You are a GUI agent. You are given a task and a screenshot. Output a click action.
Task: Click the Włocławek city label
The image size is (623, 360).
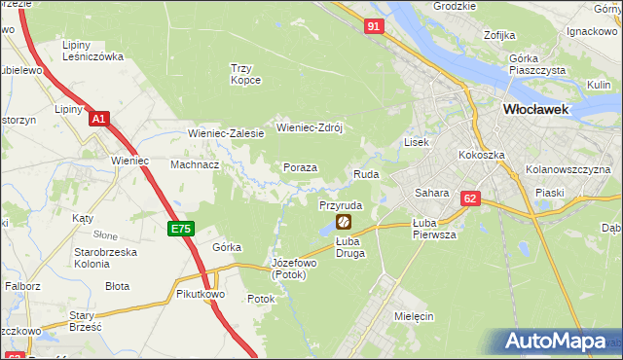point(541,110)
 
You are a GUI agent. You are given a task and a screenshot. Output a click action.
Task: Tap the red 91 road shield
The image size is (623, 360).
point(374,27)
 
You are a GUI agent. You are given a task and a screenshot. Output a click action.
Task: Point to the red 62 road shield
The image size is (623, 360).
point(471,198)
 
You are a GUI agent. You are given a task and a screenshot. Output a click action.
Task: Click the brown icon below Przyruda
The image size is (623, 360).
point(343,223)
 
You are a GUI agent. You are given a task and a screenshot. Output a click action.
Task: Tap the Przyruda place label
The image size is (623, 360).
point(341,206)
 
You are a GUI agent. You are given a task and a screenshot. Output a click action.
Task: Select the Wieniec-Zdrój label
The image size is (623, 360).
point(312,127)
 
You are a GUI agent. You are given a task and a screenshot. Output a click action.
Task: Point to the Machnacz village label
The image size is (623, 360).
point(195,164)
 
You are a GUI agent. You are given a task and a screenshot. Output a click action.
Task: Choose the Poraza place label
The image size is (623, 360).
point(300,167)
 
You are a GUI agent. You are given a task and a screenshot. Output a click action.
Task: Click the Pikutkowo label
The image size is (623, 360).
point(202,293)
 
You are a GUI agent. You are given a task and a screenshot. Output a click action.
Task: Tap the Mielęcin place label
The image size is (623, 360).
point(415,317)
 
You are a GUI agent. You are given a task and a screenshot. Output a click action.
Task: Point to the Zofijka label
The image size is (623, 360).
point(499,35)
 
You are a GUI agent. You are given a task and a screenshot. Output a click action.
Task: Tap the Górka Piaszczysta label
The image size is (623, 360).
point(531,64)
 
